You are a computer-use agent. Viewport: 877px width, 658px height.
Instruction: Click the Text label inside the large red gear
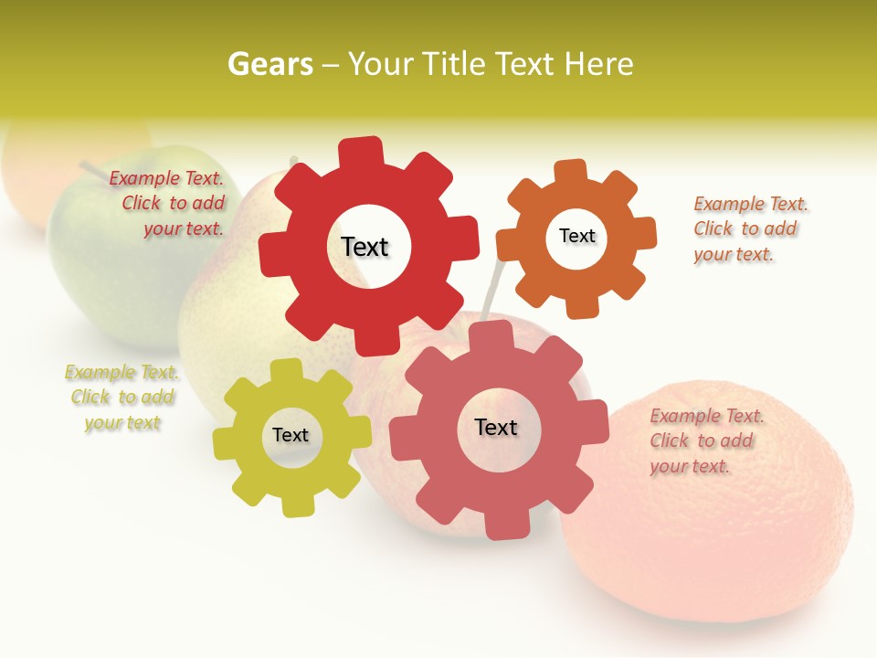[365, 247]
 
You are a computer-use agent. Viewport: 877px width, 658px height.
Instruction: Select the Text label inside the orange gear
[576, 236]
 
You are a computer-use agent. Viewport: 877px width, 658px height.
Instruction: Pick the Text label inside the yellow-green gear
[291, 435]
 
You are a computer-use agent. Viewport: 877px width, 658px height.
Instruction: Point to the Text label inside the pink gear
[496, 427]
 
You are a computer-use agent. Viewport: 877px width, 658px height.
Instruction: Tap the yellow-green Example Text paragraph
[122, 398]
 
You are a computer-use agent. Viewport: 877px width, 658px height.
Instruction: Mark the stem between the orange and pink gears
[492, 288]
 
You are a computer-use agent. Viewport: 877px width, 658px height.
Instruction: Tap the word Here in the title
[599, 64]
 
